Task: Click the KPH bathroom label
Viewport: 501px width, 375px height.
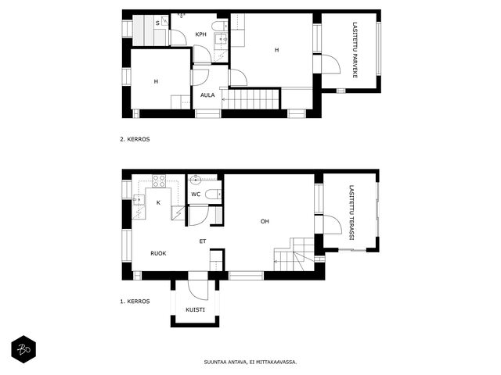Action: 200,34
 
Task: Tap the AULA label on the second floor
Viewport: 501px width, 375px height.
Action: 207,95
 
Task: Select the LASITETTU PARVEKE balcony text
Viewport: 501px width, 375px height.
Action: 355,50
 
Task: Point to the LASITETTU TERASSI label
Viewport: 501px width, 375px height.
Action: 351,212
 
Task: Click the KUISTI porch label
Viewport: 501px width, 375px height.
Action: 195,309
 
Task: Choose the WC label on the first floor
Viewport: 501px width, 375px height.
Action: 196,195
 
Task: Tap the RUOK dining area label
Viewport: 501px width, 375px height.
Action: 158,253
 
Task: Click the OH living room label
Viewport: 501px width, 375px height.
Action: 265,221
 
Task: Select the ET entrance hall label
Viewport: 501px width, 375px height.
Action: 203,241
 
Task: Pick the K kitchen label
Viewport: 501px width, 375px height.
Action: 158,203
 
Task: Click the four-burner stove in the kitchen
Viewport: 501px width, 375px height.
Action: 159,180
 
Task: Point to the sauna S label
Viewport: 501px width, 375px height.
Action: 157,23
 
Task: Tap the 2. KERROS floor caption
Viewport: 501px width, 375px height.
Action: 135,139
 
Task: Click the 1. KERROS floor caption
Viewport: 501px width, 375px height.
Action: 135,302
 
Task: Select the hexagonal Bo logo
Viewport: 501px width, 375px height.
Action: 23,349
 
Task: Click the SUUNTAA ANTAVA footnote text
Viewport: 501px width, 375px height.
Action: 250,362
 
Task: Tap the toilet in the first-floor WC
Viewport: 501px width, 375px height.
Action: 213,194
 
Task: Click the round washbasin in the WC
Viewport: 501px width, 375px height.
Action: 195,180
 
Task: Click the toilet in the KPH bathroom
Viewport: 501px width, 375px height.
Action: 219,26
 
